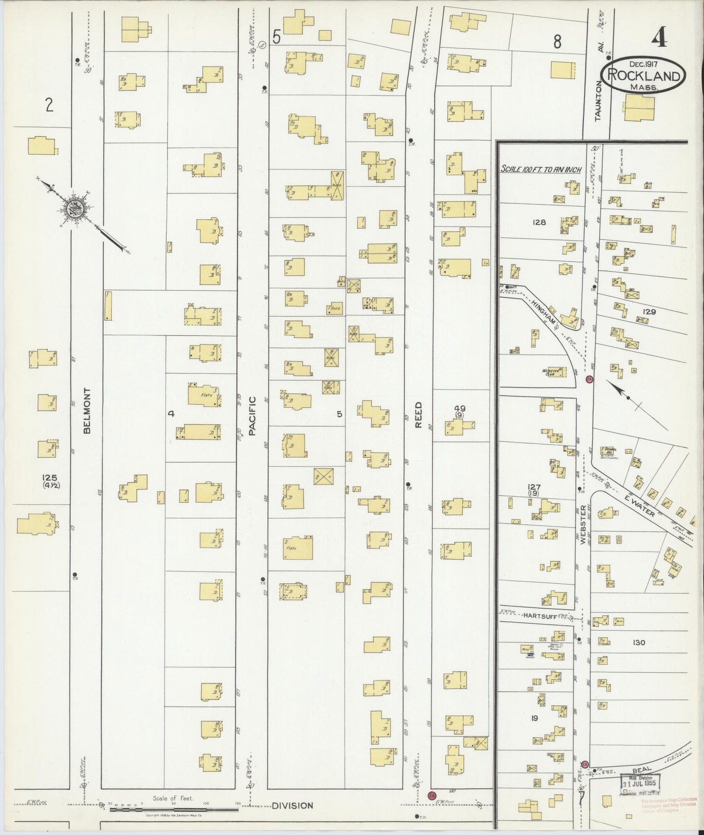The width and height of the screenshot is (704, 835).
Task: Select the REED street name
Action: coord(418,415)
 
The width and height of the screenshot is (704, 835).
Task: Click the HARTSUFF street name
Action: coord(539,616)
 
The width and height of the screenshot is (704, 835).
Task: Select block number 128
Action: coord(539,222)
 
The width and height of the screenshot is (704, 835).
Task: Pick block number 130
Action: coord(638,643)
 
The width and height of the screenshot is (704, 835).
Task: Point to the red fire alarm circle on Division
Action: coord(431,795)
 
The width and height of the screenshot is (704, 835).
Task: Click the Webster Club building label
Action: coord(550,372)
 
